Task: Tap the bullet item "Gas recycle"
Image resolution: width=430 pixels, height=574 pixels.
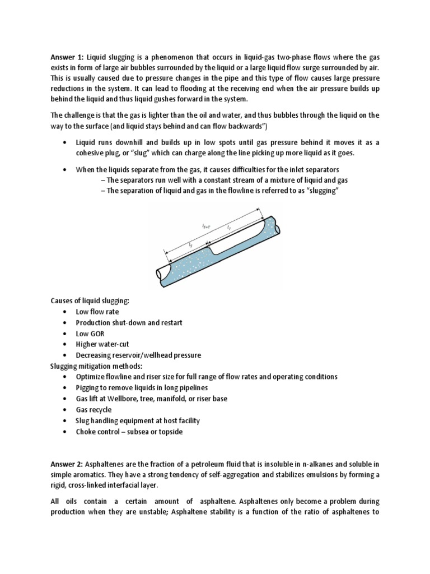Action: (94, 410)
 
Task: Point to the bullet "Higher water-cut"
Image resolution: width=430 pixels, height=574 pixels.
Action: (103, 344)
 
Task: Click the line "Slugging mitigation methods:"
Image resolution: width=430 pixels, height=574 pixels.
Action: (95, 366)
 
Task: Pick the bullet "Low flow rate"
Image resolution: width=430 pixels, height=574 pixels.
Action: (97, 312)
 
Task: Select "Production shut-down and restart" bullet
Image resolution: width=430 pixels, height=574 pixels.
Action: (129, 323)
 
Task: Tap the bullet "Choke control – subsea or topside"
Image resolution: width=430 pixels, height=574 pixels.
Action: (129, 432)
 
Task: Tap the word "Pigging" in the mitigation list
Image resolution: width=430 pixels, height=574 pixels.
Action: (88, 388)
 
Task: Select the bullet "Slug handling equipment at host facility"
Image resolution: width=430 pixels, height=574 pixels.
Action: (138, 420)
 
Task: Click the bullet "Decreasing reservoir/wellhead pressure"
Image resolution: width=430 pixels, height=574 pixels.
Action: (138, 355)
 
